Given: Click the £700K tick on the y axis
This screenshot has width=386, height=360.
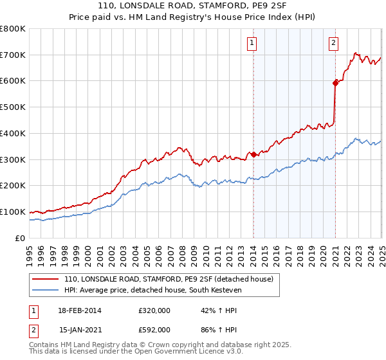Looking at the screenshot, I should (x=13, y=55).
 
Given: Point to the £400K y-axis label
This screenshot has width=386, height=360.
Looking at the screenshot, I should (x=13, y=133).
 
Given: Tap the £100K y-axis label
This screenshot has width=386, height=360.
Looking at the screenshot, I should (x=13, y=212).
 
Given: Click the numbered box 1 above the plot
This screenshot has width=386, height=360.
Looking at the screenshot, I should (x=251, y=44).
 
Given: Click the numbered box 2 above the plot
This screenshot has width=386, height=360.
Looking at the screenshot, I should (x=334, y=44).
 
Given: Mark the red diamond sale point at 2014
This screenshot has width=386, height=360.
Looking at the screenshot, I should (x=253, y=154).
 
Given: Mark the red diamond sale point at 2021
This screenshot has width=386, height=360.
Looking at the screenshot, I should (x=335, y=83).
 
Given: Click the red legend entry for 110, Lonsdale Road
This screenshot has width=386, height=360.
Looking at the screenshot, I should (x=169, y=279).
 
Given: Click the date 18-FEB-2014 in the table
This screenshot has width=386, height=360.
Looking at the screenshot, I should (x=80, y=310).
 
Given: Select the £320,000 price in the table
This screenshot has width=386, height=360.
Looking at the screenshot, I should (x=154, y=310).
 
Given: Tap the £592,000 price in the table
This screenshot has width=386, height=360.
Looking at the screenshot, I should (x=154, y=329).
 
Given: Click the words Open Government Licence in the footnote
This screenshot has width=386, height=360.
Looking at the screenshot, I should (x=167, y=352).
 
